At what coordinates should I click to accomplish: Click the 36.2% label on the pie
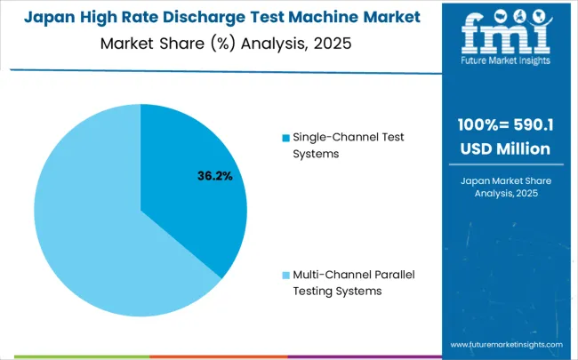click(x=214, y=176)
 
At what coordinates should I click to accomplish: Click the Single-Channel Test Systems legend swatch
click(x=285, y=138)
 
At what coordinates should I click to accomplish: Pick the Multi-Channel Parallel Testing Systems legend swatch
click(x=285, y=274)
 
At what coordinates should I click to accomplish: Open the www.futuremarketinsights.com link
click(x=506, y=344)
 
